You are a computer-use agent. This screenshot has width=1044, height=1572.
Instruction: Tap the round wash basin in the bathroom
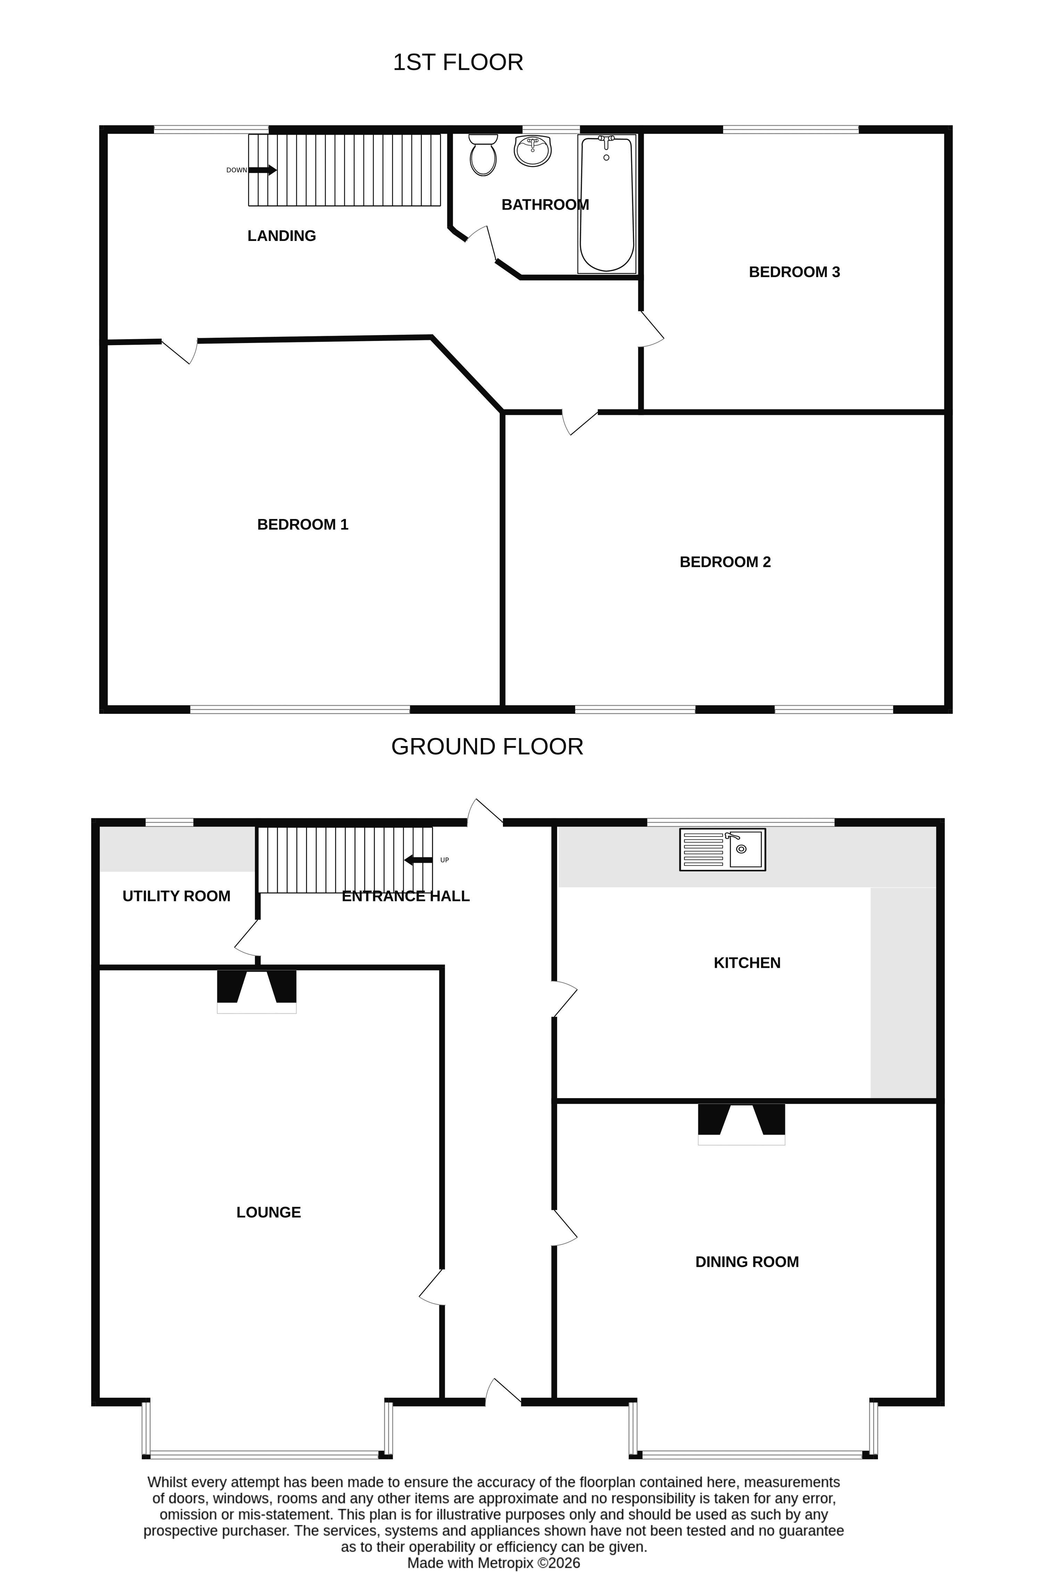tap(533, 150)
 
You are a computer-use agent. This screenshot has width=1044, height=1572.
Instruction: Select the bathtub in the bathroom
tap(606, 204)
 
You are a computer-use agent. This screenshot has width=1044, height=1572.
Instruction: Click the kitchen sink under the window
tap(722, 849)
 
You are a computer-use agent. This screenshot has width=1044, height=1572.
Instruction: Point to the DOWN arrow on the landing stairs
tap(262, 170)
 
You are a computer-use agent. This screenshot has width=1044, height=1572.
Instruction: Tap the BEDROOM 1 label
tap(303, 525)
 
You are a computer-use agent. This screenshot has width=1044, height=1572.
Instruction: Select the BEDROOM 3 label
tap(794, 271)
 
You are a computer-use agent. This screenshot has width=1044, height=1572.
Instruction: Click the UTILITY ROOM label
tap(176, 896)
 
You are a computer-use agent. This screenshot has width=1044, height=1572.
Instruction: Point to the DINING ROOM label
tap(747, 1261)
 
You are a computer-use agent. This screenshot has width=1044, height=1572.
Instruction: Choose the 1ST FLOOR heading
tap(458, 62)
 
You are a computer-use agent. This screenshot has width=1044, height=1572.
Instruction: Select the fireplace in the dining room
tap(742, 1124)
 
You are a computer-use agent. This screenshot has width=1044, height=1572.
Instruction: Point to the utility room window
tap(169, 822)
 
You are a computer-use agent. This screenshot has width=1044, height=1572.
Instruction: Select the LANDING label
tap(282, 236)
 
